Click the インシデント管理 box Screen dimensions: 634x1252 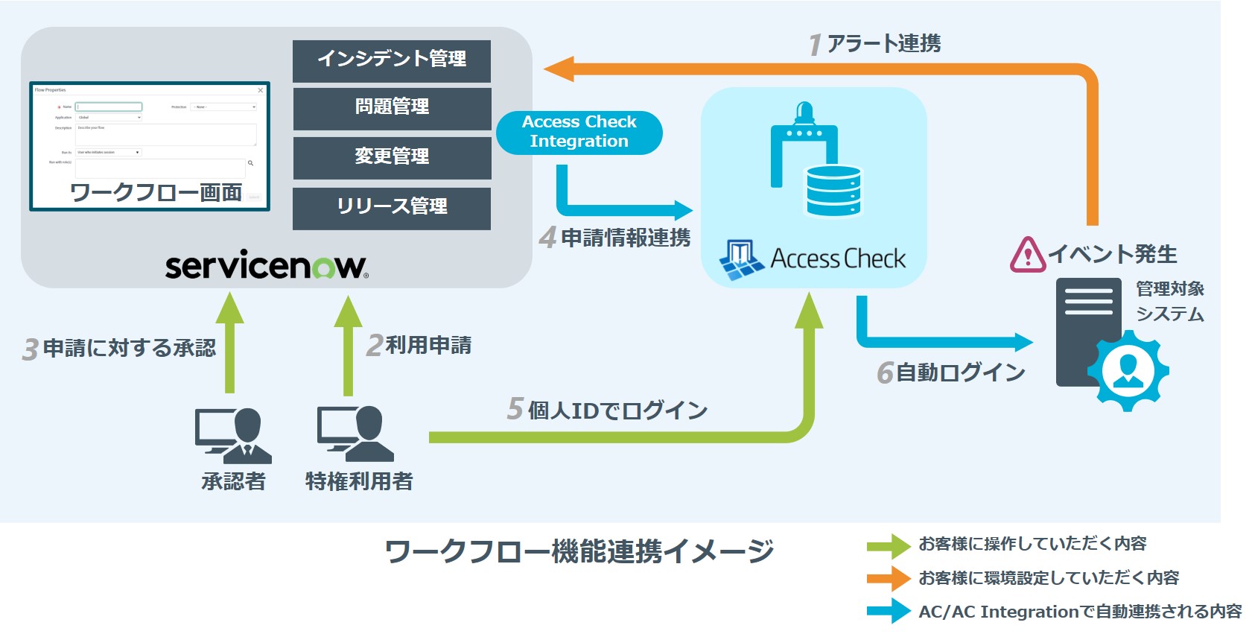(392, 60)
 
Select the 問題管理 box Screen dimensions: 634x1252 (392, 108)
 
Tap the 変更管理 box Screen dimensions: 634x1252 (392, 157)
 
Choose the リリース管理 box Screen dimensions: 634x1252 (392, 208)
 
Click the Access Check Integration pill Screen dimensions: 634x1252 (579, 133)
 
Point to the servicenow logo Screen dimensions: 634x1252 (267, 266)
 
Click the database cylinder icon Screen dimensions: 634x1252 (833, 191)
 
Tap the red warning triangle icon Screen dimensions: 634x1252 (1028, 255)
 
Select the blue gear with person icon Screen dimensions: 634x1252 (1128, 370)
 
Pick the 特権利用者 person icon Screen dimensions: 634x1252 (356, 434)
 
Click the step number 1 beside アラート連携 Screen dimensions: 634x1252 (816, 45)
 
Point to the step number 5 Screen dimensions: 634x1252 (515, 409)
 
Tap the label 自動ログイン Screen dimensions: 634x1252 (960, 373)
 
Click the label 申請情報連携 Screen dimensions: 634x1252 (626, 238)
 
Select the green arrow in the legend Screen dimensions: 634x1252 (888, 546)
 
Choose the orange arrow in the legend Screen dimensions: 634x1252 (888, 579)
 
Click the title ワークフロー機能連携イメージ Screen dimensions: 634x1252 (579, 552)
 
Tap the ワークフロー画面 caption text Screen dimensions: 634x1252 (156, 193)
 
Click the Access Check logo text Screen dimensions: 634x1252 (838, 259)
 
